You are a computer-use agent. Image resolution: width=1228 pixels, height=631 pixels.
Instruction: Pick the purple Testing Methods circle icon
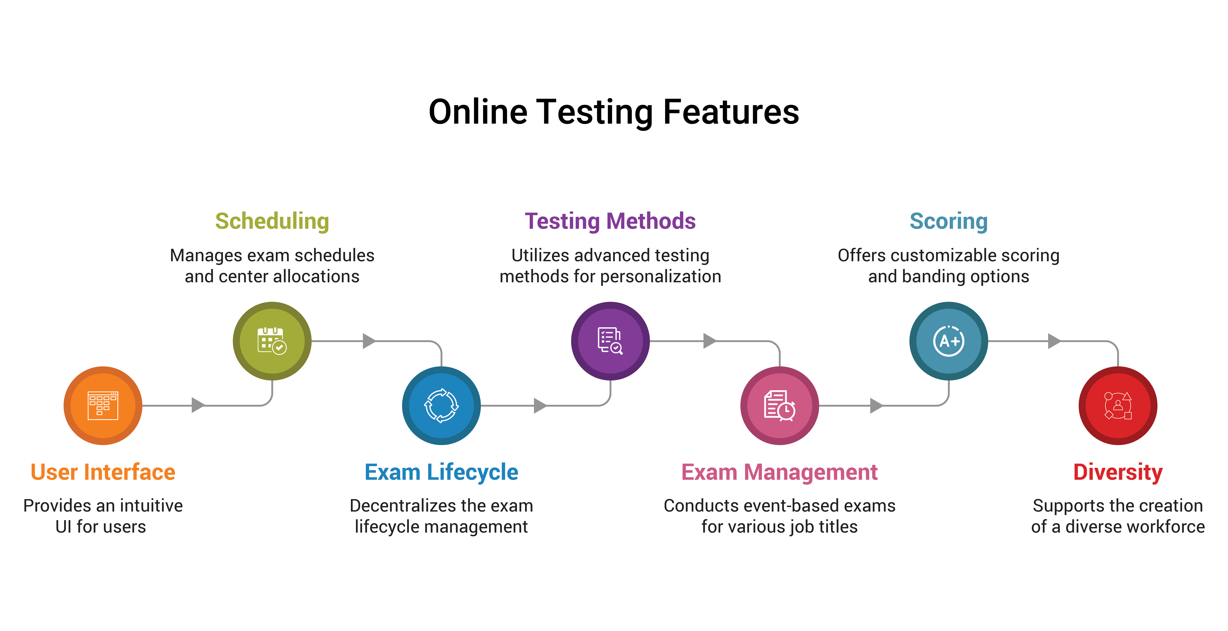(610, 341)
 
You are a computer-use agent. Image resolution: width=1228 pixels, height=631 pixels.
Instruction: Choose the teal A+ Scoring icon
(949, 341)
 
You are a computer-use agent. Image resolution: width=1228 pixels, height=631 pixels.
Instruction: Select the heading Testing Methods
(610, 221)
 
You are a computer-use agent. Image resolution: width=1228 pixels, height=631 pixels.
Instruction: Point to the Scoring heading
(949, 221)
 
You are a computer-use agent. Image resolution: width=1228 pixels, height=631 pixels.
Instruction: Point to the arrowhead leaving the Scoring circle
(1054, 341)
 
